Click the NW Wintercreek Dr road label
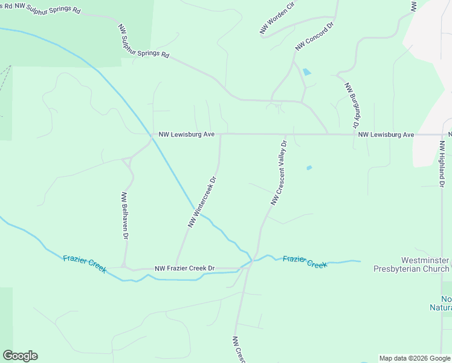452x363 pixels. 202,202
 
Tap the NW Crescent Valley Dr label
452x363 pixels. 278,173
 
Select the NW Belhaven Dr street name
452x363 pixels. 125,215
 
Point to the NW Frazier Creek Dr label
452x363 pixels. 185,268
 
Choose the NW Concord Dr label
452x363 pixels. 315,37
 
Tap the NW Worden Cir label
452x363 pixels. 276,17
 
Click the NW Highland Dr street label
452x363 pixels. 442,163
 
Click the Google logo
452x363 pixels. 20,356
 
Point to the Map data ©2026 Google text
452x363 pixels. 414,358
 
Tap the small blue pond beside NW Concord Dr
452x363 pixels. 307,72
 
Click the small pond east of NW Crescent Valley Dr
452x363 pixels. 309,168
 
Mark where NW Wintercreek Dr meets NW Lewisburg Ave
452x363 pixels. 220,134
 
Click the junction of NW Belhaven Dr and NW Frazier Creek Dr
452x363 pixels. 123,266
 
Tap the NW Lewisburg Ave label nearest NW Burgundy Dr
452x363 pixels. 386,134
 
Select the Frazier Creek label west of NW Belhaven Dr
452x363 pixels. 85,264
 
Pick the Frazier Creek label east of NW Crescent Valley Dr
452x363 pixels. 305,261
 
